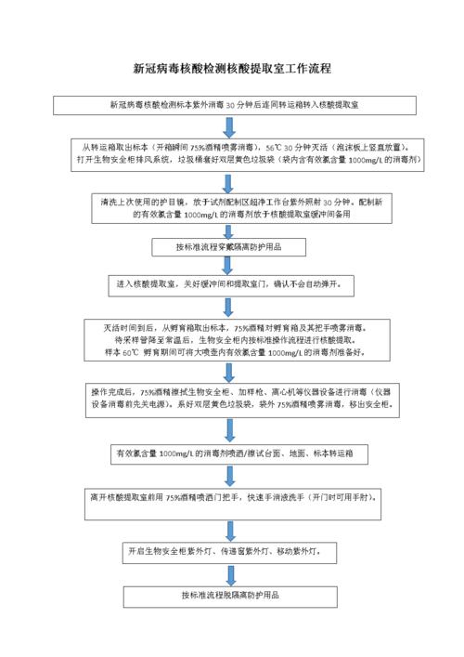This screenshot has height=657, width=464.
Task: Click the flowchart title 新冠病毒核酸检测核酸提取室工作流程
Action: coord(232,69)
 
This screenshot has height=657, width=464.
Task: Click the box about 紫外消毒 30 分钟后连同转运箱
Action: coord(232,104)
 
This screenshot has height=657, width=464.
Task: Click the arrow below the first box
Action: coord(229,125)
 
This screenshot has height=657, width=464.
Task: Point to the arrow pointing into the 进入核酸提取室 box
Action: coord(229,265)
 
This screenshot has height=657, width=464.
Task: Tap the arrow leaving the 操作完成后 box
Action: coord(229,428)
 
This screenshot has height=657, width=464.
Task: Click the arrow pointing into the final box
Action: coord(229,573)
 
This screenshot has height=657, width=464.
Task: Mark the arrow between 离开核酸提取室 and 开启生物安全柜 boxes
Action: coord(229,525)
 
